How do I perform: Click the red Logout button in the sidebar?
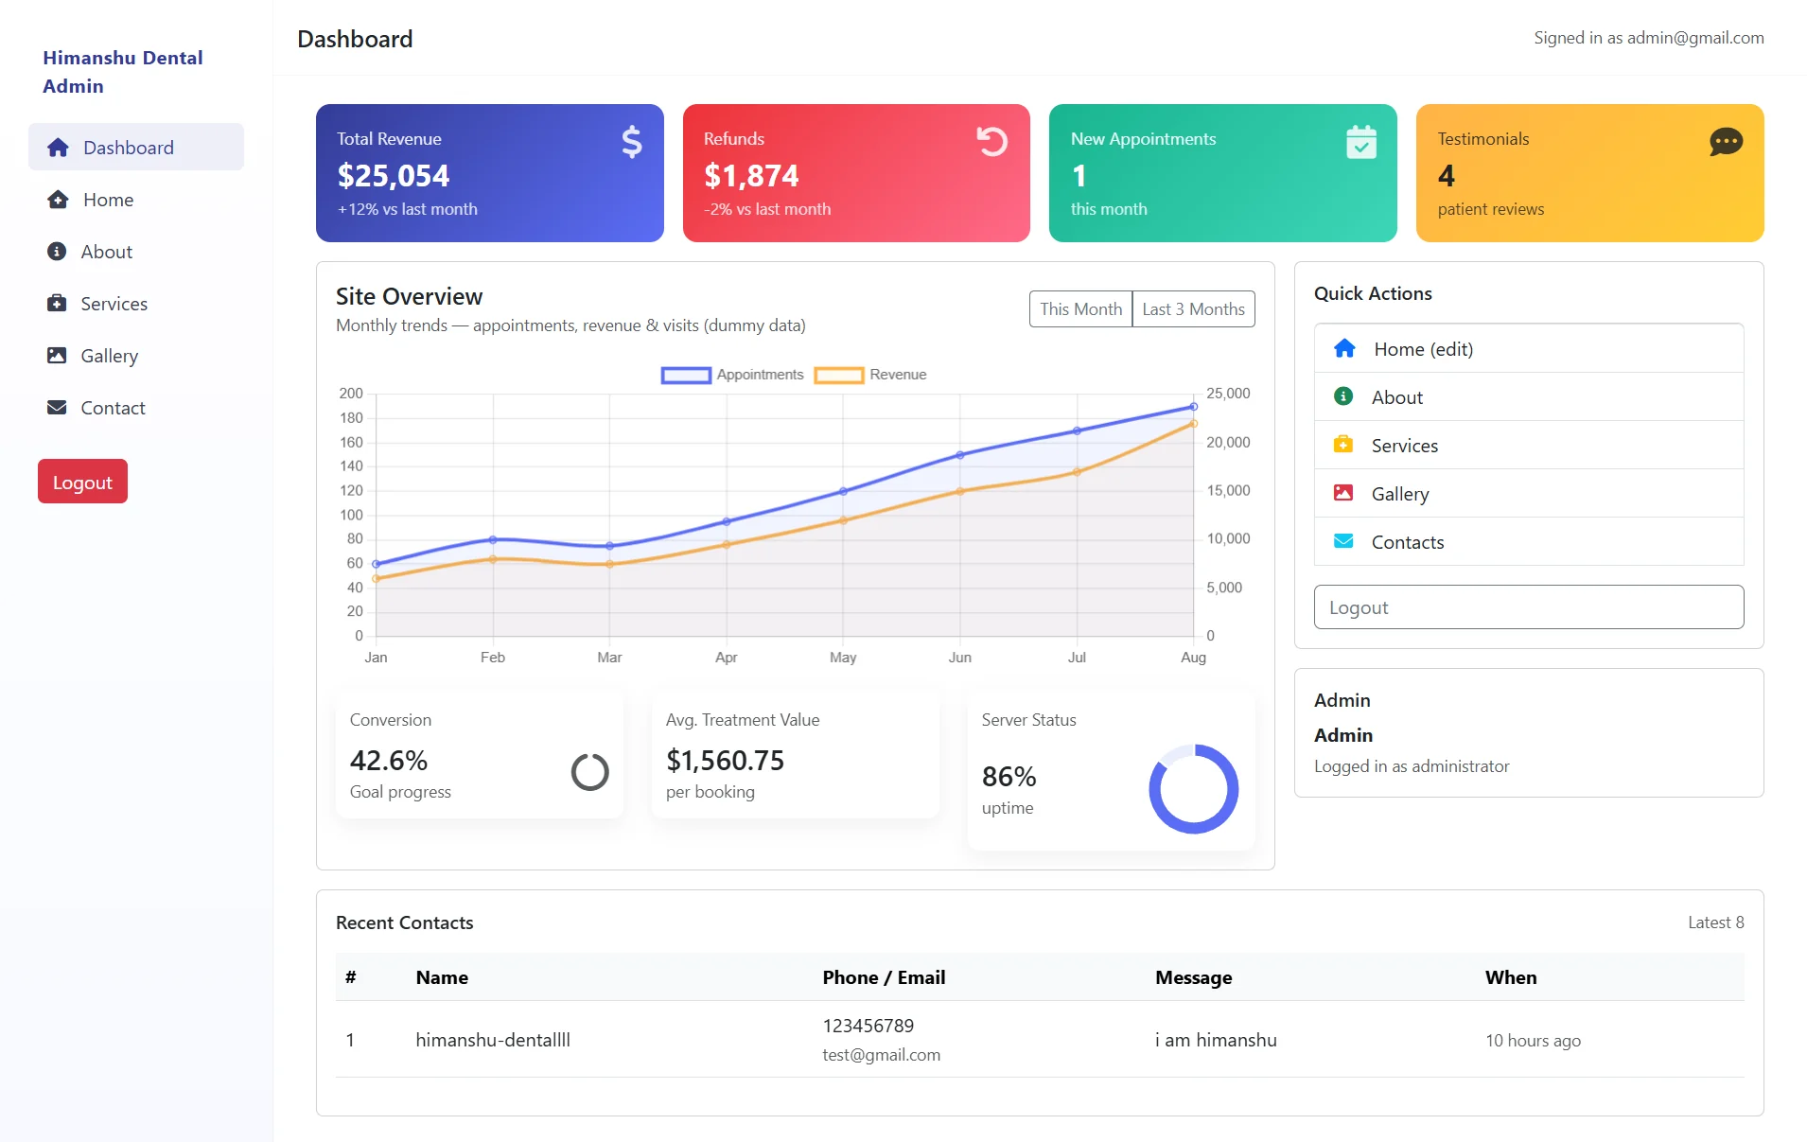pos(82,482)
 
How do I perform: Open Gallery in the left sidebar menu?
pos(109,356)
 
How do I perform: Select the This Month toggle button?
pos(1080,309)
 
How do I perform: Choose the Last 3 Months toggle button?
pos(1193,309)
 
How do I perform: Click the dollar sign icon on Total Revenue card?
pos(631,142)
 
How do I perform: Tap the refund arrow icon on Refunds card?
pos(991,142)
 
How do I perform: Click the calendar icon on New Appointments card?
pos(1360,142)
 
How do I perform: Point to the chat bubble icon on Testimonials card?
pos(1726,142)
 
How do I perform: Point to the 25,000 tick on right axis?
pos(1228,394)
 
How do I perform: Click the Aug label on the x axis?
pos(1193,658)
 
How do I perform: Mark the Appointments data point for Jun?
pos(960,455)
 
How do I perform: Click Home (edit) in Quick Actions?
pos(1422,349)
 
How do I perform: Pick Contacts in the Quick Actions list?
pos(1407,542)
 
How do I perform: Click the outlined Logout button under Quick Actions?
pos(1528,607)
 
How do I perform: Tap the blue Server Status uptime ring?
pos(1193,788)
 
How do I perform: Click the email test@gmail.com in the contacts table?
pos(881,1055)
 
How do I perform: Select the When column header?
pos(1510,977)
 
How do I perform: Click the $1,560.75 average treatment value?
pos(725,761)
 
